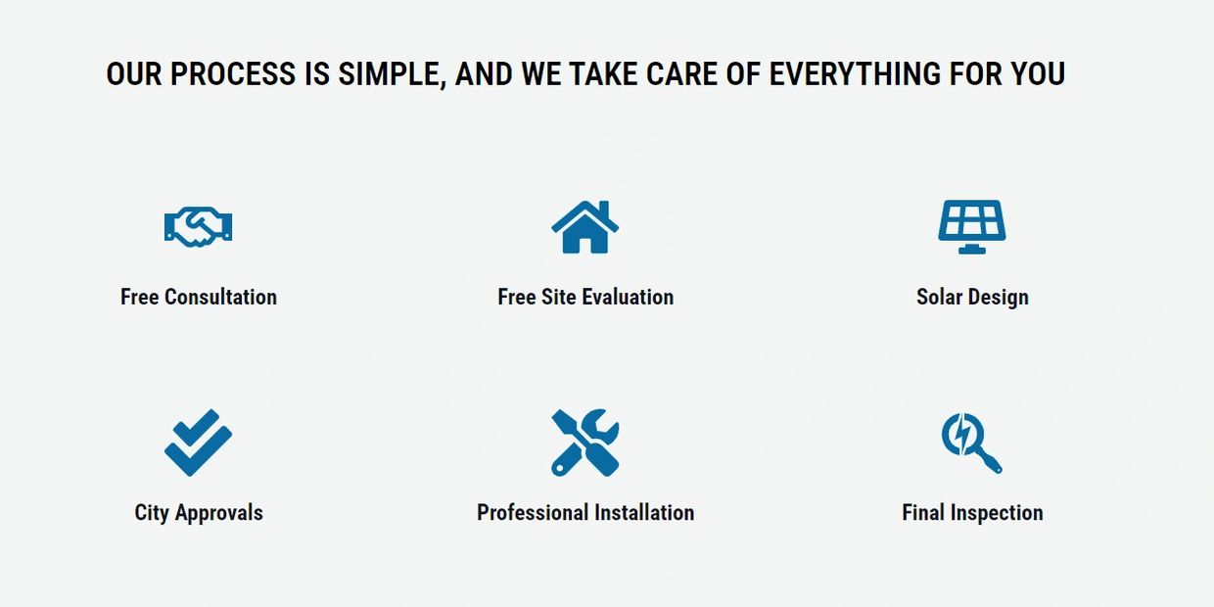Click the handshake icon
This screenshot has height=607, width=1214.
(199, 227)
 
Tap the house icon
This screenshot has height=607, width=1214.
(584, 226)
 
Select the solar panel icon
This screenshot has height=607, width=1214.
(972, 226)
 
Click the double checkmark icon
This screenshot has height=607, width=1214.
(199, 443)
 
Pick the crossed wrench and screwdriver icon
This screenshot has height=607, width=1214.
(585, 443)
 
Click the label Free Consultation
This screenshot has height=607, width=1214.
(199, 297)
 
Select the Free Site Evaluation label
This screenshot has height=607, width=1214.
(585, 297)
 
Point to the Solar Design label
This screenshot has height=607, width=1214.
(972, 298)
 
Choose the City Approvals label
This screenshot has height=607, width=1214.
(199, 513)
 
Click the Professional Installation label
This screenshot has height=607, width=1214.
(585, 513)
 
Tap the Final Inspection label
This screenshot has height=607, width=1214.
(972, 513)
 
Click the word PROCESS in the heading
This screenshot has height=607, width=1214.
(232, 73)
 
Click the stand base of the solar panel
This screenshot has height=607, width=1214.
(972, 250)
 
